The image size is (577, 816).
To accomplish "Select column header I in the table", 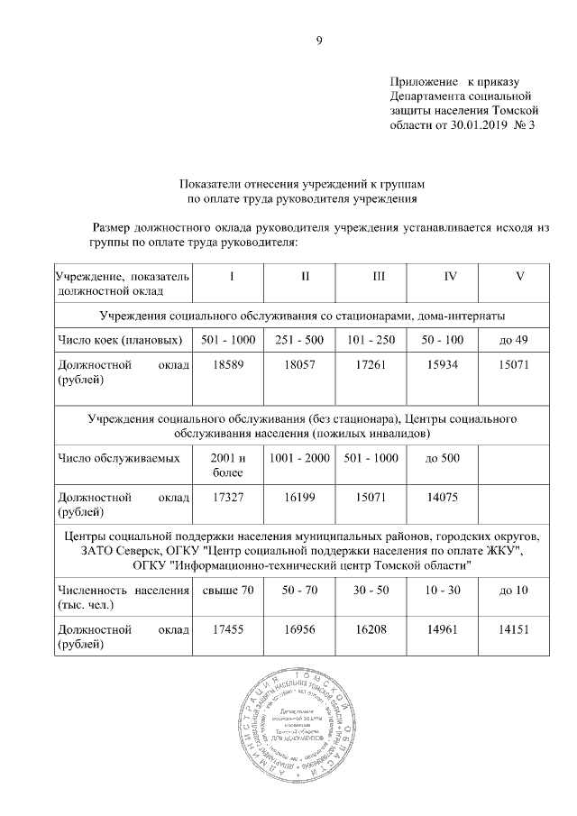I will (232, 276).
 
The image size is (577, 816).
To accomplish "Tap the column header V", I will (519, 276).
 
